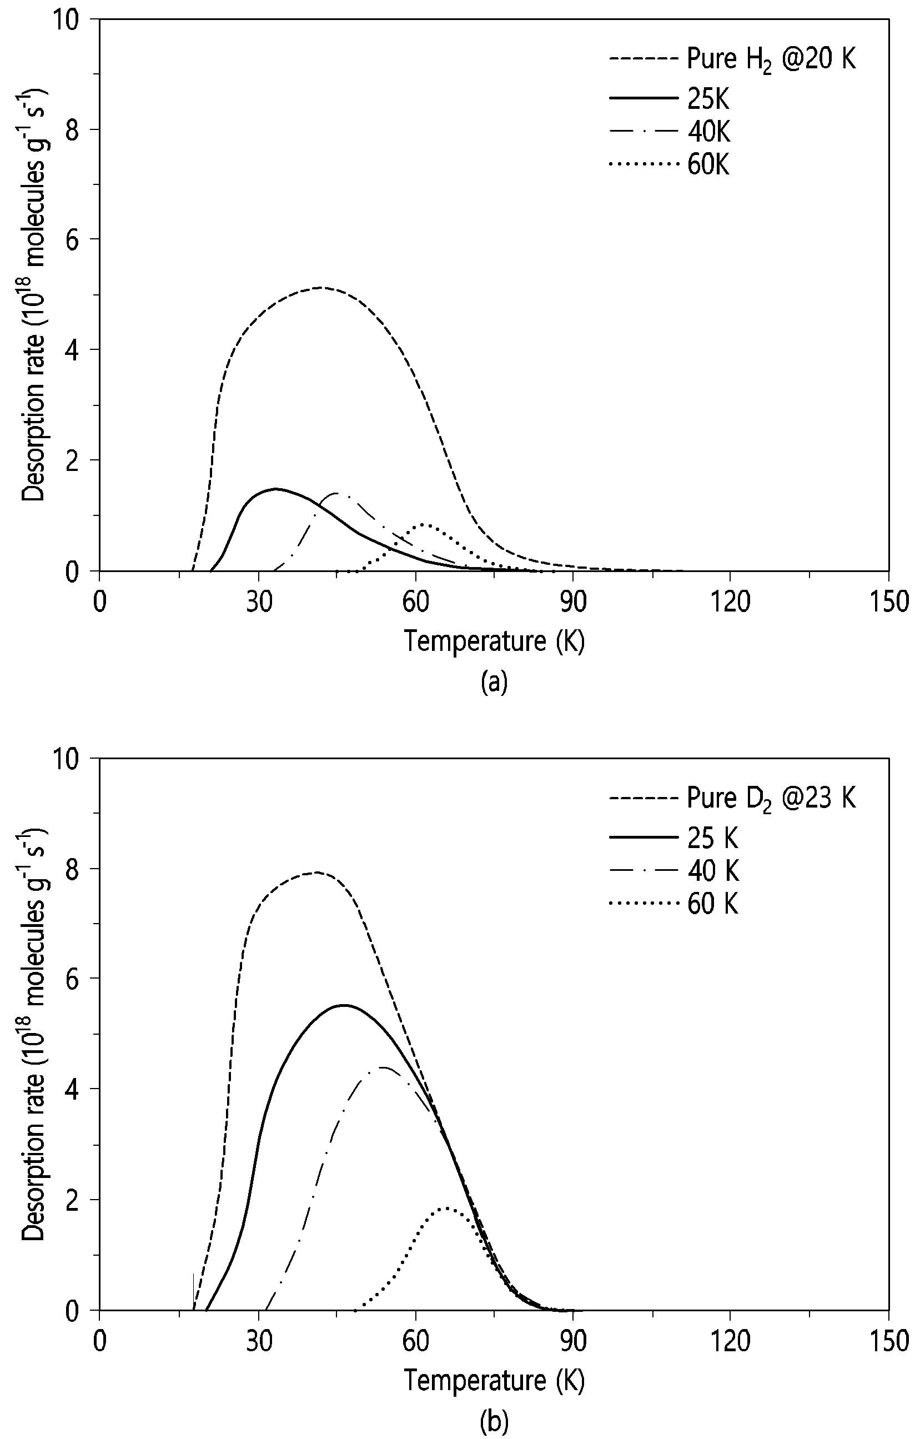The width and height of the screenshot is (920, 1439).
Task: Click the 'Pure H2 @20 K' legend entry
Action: click(732, 61)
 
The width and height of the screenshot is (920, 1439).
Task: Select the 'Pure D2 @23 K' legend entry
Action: click(732, 799)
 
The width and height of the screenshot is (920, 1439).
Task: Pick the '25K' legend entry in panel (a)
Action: click(669, 99)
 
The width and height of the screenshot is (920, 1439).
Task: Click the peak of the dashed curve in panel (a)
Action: click(321, 288)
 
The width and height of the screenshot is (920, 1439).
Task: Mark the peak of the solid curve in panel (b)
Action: click(344, 1005)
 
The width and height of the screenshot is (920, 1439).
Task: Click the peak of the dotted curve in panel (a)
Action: click(424, 524)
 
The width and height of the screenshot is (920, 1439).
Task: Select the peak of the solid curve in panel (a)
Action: click(275, 488)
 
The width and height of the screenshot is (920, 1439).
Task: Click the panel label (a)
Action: click(494, 682)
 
